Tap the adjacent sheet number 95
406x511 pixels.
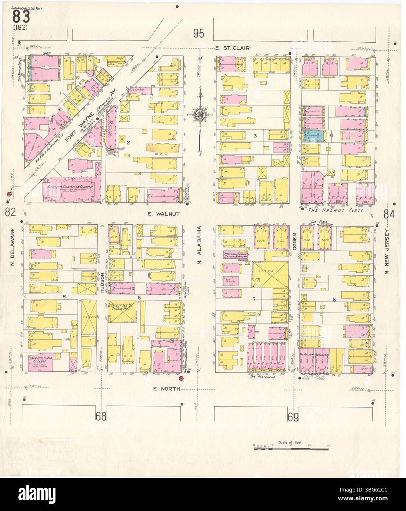(x=198, y=34)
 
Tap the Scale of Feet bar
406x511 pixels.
(x=291, y=449)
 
